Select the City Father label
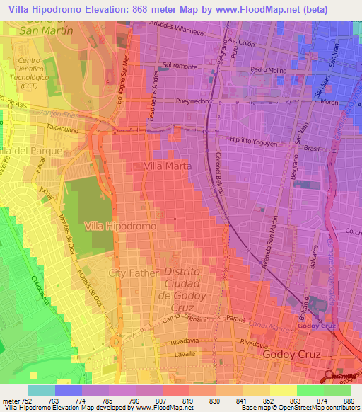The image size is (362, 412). [130, 273]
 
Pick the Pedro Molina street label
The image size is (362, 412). [268, 70]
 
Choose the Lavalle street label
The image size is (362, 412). [163, 353]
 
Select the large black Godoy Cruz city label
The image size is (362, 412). [291, 353]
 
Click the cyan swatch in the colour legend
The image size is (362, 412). [42, 390]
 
